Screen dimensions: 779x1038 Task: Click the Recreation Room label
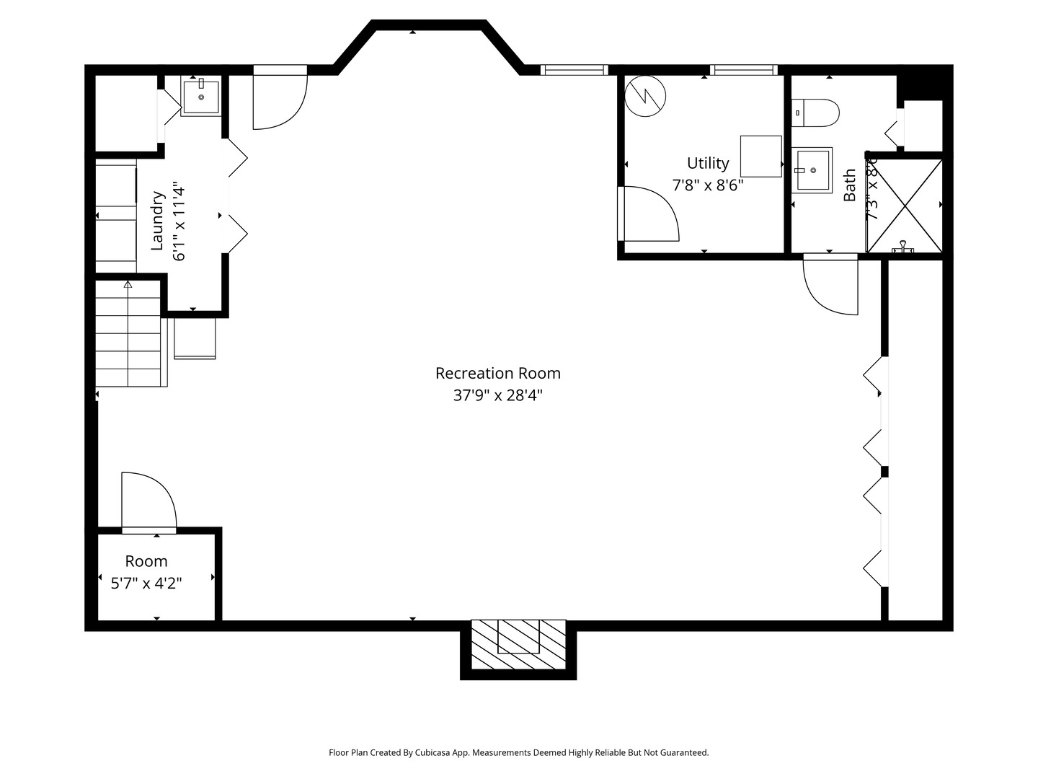(497, 373)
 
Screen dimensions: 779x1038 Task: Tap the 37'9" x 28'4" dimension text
(497, 395)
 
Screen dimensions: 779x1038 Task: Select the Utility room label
(707, 163)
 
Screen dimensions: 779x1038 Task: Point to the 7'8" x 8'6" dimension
(707, 185)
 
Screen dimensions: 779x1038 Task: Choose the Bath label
(850, 185)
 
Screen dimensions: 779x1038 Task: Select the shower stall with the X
(904, 206)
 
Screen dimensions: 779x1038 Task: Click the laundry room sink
(200, 97)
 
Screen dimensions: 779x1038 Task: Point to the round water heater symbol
(645, 96)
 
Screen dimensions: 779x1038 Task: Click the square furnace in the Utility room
(760, 156)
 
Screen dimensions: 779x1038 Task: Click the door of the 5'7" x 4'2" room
(148, 502)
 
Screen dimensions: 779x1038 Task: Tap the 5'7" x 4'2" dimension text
(146, 583)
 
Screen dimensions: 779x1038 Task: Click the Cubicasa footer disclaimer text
(518, 752)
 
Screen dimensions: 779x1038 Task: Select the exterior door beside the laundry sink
(279, 99)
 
